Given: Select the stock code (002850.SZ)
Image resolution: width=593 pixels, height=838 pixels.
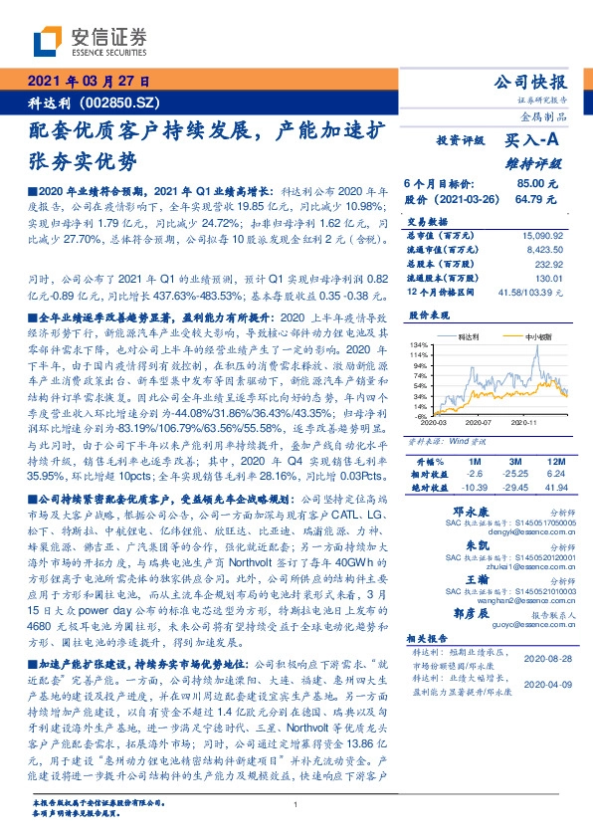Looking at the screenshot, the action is tap(128, 102).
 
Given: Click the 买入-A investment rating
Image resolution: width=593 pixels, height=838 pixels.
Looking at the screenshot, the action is tap(535, 143).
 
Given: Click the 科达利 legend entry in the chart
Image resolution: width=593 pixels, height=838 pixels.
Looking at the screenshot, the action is tap(474, 336).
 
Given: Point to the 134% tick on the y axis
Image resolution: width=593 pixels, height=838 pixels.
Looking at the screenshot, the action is tap(421, 344).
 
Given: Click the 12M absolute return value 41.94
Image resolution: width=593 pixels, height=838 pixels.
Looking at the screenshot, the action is tap(554, 489).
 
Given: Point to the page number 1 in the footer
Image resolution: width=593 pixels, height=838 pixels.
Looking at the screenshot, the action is tap(296, 804).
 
